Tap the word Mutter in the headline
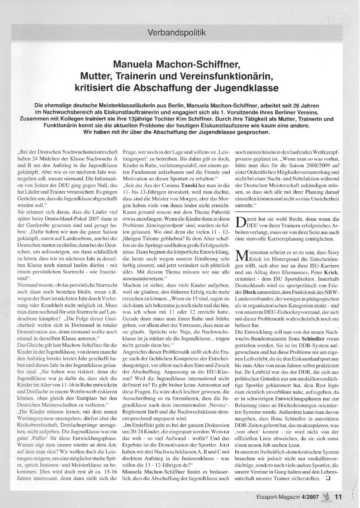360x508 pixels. pos(95,76)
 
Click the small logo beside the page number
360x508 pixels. pos(327,497)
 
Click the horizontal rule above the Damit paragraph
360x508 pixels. pos(287,211)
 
